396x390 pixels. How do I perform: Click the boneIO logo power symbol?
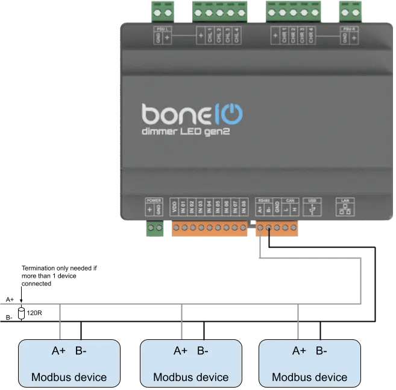click(x=233, y=113)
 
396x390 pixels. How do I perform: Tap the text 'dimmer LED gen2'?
click(x=186, y=132)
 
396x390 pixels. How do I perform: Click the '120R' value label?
click(x=34, y=313)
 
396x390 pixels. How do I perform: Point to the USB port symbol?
click(x=312, y=209)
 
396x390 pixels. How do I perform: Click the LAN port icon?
click(x=345, y=209)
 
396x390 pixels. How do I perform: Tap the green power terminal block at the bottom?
click(x=155, y=228)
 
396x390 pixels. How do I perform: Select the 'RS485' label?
click(x=263, y=200)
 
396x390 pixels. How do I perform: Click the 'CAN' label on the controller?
click(x=289, y=200)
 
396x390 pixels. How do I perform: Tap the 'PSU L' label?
click(x=160, y=28)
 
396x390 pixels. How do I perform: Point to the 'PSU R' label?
click(x=348, y=28)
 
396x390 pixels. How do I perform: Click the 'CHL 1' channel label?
click(x=210, y=36)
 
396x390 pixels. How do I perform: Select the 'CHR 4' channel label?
click(x=310, y=36)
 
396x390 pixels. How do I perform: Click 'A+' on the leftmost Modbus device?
click(x=60, y=351)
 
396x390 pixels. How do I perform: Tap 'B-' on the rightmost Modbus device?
click(x=321, y=351)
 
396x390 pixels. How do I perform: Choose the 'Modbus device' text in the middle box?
click(x=191, y=377)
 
